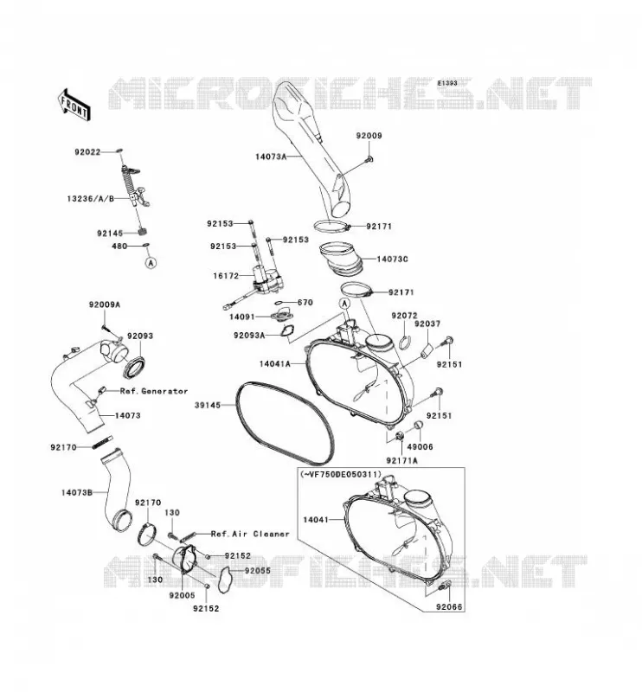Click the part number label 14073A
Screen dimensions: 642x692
[x=271, y=157]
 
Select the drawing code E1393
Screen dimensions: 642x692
[x=447, y=83]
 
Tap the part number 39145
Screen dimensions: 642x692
[x=208, y=405]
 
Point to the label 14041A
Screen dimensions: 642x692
[x=274, y=363]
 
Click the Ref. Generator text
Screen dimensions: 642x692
[x=154, y=391]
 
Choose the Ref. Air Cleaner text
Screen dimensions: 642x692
[x=250, y=534]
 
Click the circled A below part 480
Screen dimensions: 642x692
[x=151, y=263]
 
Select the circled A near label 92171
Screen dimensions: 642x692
[x=345, y=304]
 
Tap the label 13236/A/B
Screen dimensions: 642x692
[x=91, y=199]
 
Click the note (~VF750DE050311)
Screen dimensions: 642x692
[x=340, y=474]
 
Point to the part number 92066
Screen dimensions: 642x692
[x=449, y=607]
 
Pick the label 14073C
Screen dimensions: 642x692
[x=393, y=259]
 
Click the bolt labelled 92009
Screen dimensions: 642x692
[x=370, y=158]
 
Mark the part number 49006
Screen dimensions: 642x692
[x=420, y=446]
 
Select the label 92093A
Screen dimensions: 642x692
[x=249, y=336]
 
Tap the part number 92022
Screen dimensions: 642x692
[x=87, y=152]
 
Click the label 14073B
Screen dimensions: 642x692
[x=76, y=492]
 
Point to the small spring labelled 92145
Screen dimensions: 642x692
[x=143, y=231]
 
